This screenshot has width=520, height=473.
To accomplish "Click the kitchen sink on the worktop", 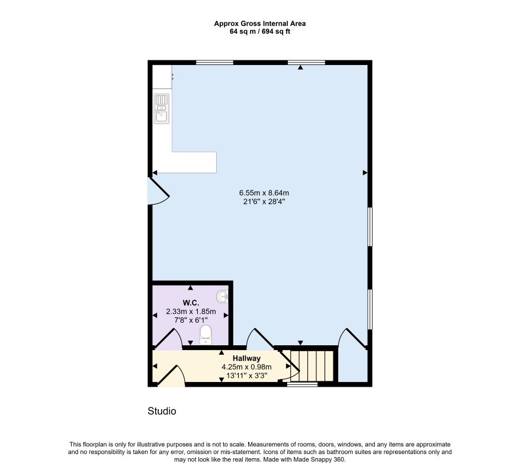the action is click(162, 109).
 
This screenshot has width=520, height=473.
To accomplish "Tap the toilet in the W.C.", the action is click(206, 335).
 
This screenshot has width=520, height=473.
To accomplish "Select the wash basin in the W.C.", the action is click(222, 297).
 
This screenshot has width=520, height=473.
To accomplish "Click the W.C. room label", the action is click(191, 303).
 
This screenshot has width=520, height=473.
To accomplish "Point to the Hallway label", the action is click(246, 358).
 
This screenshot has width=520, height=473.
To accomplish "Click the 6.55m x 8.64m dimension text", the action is click(264, 193).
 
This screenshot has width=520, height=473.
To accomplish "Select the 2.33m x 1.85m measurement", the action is click(191, 312).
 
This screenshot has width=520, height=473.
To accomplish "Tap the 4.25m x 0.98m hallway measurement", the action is click(246, 367).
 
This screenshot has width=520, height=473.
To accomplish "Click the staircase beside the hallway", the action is click(312, 366).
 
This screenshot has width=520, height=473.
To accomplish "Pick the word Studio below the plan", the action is click(162, 411).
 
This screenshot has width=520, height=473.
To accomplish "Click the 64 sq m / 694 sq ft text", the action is click(260, 32).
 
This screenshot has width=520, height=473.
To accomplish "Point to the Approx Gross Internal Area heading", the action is click(260, 24).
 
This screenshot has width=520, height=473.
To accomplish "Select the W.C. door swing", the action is click(169, 339).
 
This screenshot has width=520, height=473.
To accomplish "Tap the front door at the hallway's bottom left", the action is click(171, 377).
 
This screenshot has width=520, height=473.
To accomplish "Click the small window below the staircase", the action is click(302, 384).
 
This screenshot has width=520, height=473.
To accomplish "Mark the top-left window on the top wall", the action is click(214, 63).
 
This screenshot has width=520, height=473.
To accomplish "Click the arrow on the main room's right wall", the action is click(365, 173).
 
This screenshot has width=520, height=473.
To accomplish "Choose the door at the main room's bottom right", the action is click(352, 338).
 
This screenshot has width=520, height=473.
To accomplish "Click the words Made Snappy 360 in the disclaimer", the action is click(324, 459).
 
